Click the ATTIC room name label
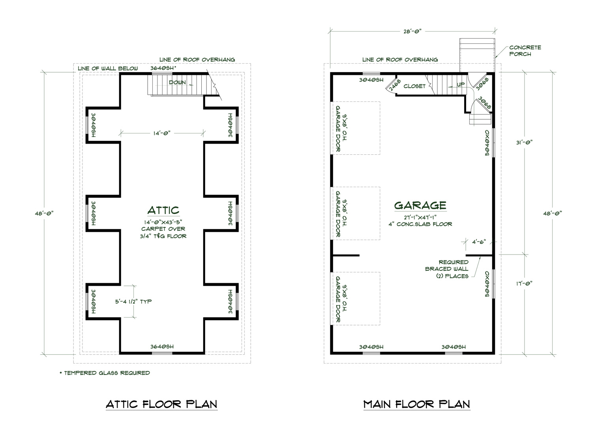(x=163, y=210)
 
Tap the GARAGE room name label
(x=420, y=205)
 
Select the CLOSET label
(x=414, y=86)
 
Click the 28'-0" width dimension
(x=412, y=31)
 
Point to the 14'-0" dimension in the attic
(x=162, y=133)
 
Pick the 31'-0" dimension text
(x=524, y=142)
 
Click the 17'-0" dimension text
(x=524, y=283)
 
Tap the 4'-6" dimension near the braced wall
(x=479, y=242)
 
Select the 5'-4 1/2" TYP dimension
(x=133, y=302)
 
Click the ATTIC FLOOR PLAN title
(x=161, y=404)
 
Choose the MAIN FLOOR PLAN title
(x=417, y=404)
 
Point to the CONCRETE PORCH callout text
(x=525, y=51)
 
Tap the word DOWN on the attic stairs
(x=177, y=82)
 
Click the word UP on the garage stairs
(x=461, y=84)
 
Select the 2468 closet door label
(x=394, y=84)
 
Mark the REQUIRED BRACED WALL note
(x=447, y=269)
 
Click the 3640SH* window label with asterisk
(x=163, y=68)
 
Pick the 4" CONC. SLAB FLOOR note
(x=420, y=224)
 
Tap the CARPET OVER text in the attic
(x=163, y=229)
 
